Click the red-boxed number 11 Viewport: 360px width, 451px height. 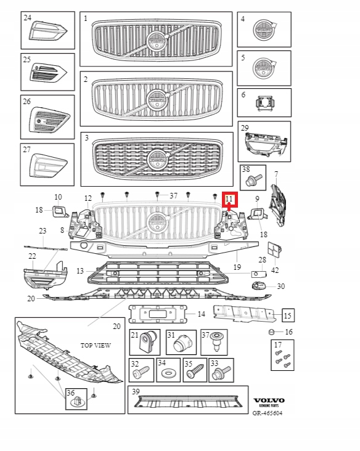click(229, 199)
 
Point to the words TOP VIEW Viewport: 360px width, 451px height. click(96, 346)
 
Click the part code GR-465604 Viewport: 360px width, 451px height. click(269, 413)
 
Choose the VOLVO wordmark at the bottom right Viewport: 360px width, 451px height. click(269, 400)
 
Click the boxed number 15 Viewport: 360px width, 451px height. click(287, 316)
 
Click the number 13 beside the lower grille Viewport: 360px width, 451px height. click(80, 271)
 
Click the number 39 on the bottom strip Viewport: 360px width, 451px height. click(136, 392)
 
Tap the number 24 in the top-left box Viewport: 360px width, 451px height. click(28, 18)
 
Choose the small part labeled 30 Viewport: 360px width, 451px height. click(260, 285)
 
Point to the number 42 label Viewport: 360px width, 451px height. click(276, 270)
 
